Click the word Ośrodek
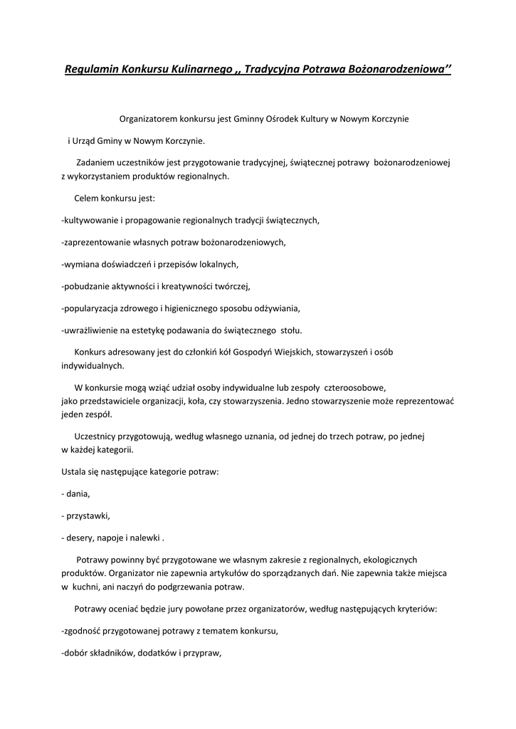point(280,118)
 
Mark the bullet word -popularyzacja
point(94,308)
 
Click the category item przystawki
point(88,515)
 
